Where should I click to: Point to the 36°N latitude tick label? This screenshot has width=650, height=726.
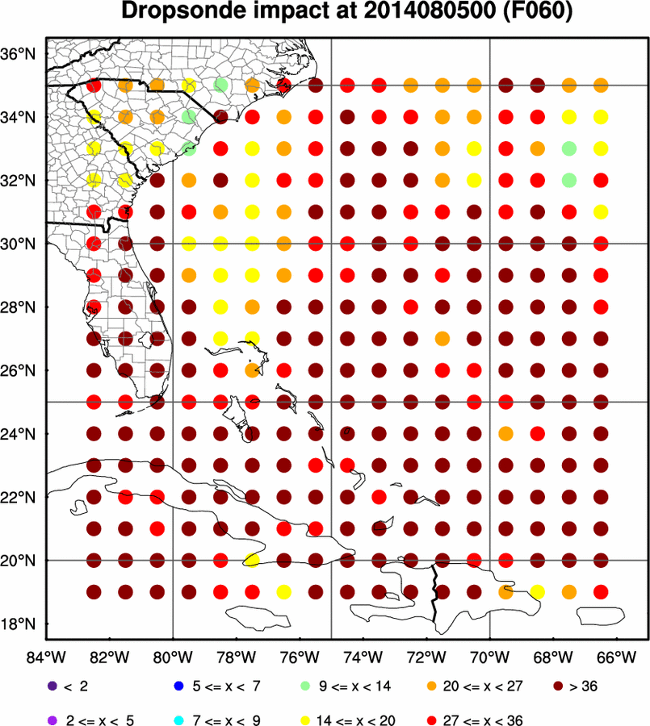pyautogui.click(x=21, y=54)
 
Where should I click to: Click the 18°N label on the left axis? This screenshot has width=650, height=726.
pyautogui.click(x=21, y=624)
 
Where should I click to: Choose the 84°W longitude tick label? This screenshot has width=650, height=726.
pyautogui.click(x=47, y=656)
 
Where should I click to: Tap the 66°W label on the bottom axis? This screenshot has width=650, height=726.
pyautogui.click(x=617, y=656)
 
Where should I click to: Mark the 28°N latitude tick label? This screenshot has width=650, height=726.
pyautogui.click(x=21, y=307)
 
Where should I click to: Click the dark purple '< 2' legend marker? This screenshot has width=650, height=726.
pyautogui.click(x=52, y=686)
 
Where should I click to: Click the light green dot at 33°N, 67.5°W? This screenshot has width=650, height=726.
pyautogui.click(x=569, y=148)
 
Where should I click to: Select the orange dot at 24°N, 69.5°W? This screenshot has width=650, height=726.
pyautogui.click(x=505, y=434)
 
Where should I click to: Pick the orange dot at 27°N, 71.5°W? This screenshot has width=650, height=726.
pyautogui.click(x=442, y=339)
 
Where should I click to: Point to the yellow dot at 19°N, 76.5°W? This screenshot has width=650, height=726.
pyautogui.click(x=283, y=592)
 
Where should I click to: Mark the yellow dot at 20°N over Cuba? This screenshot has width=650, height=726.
pyautogui.click(x=251, y=560)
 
